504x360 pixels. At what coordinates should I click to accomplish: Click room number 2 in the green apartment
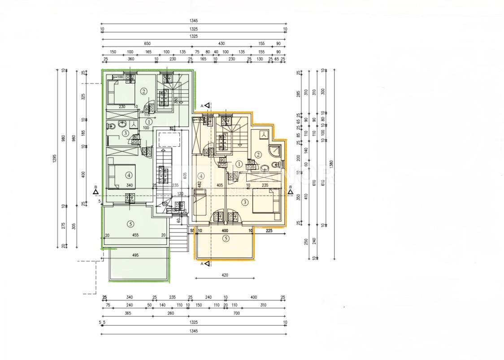coord(143,91)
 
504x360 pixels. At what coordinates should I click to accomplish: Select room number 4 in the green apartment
coord(129,175)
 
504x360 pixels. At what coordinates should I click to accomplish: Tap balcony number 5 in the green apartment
coord(130,224)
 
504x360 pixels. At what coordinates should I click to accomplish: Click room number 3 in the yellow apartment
coord(245,202)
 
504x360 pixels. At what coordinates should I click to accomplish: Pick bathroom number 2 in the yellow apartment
coord(258,155)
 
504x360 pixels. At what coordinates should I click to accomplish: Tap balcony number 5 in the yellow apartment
coord(226,239)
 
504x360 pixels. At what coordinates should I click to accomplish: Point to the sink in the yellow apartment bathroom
coord(265,168)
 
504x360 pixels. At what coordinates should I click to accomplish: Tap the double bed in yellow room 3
coord(267,200)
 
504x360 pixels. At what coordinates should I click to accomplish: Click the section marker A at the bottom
coord(206,264)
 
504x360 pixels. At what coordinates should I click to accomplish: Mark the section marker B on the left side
coord(96,192)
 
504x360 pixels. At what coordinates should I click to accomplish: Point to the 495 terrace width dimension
coord(136,255)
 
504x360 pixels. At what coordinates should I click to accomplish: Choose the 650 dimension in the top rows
coord(147,43)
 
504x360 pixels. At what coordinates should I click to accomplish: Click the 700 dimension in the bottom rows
coord(236,313)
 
